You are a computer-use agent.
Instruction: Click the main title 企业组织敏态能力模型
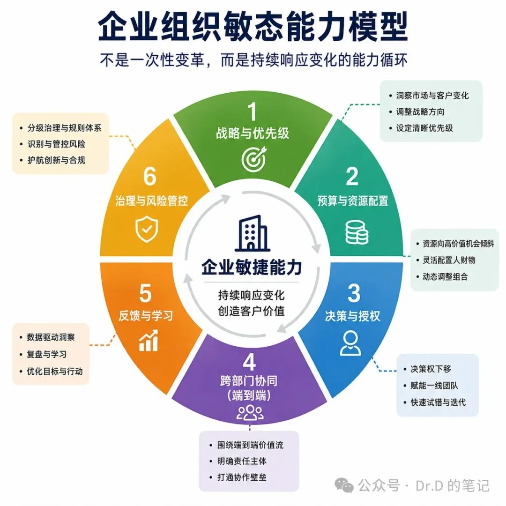tap(253, 26)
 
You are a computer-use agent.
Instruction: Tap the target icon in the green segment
tap(254, 159)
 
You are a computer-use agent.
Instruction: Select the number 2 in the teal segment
tap(352, 176)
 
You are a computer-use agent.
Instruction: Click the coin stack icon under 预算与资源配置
tap(357, 232)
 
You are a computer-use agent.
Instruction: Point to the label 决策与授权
tap(352, 316)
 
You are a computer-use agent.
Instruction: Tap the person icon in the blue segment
tap(350, 343)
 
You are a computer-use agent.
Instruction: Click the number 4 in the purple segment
tap(249, 362)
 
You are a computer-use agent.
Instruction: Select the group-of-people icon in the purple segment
tap(250, 413)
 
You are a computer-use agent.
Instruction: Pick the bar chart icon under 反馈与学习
tap(149, 341)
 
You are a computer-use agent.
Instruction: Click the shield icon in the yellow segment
tap(147, 229)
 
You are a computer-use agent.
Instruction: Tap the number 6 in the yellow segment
tap(150, 177)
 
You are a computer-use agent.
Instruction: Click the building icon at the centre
tap(253, 233)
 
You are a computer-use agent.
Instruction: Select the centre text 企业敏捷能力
tap(252, 268)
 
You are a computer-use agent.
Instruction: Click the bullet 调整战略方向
tap(420, 112)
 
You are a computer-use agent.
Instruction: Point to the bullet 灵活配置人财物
tap(449, 260)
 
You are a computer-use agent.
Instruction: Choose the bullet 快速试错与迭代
tap(438, 402)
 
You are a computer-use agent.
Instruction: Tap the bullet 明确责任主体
tap(242, 461)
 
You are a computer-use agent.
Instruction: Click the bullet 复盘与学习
tap(46, 354)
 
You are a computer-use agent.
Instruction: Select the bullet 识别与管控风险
tap(57, 144)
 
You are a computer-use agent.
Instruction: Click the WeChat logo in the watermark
tap(344, 485)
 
